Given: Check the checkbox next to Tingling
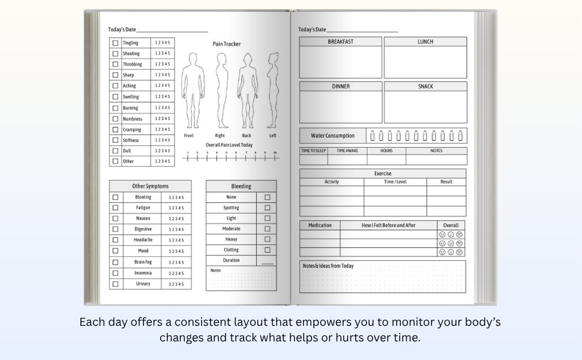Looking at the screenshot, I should tap(115, 43).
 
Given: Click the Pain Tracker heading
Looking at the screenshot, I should tap(227, 44).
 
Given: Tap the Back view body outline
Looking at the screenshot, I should tap(247, 90).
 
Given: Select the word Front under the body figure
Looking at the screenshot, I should tap(189, 136).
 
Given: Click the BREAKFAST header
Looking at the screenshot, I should tap(340, 42).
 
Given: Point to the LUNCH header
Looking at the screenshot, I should tap(425, 42).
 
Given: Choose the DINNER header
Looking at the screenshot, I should tap(340, 86).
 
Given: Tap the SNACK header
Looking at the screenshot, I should tap(425, 86).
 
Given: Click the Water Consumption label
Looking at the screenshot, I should tap(332, 136).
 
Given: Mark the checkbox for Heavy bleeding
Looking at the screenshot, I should tap(267, 239).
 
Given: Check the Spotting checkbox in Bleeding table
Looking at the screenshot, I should tap(267, 208).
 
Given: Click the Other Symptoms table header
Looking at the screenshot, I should tap(150, 187).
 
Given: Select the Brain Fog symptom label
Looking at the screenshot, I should tap(143, 262).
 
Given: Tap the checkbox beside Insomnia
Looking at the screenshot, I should tap(115, 273).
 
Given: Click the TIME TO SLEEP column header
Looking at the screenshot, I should tap(313, 151).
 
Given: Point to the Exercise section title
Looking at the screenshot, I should tap(383, 173).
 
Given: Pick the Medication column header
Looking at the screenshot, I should tap(320, 226).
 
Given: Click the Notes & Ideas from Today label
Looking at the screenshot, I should tap(328, 266).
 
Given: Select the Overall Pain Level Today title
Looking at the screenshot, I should tap(229, 145).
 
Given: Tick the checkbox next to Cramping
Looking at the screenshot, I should tap(115, 130).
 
